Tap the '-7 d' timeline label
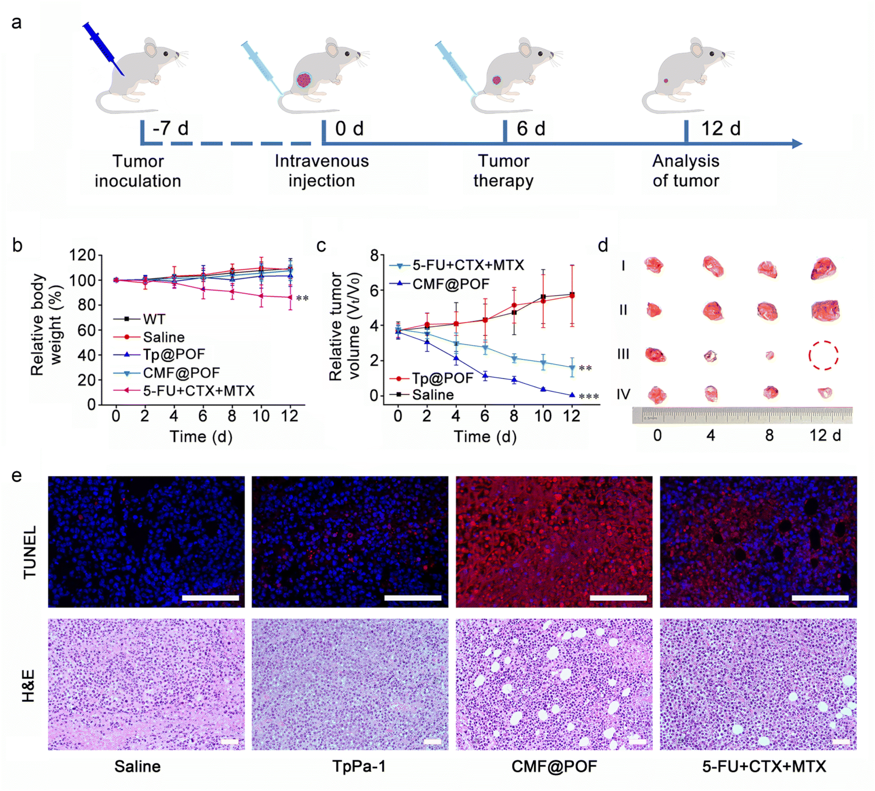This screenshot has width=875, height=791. (170, 128)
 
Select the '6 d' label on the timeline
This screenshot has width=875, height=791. (531, 128)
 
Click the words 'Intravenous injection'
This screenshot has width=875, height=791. (322, 171)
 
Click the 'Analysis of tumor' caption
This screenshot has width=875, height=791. (685, 171)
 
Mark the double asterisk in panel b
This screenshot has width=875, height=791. (302, 298)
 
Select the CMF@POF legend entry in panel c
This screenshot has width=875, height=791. (450, 284)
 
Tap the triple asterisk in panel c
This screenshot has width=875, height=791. (588, 397)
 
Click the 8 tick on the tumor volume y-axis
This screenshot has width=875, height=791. (374, 255)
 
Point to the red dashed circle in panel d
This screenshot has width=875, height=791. (823, 355)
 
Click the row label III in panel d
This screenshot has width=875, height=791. (623, 354)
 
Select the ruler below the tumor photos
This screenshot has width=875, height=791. (742, 415)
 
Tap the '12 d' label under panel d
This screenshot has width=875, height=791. (825, 435)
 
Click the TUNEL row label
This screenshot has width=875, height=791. (30, 552)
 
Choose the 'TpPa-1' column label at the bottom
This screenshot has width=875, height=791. (359, 766)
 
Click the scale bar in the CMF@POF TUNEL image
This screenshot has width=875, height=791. (618, 598)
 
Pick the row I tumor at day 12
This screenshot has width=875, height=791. (824, 268)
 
